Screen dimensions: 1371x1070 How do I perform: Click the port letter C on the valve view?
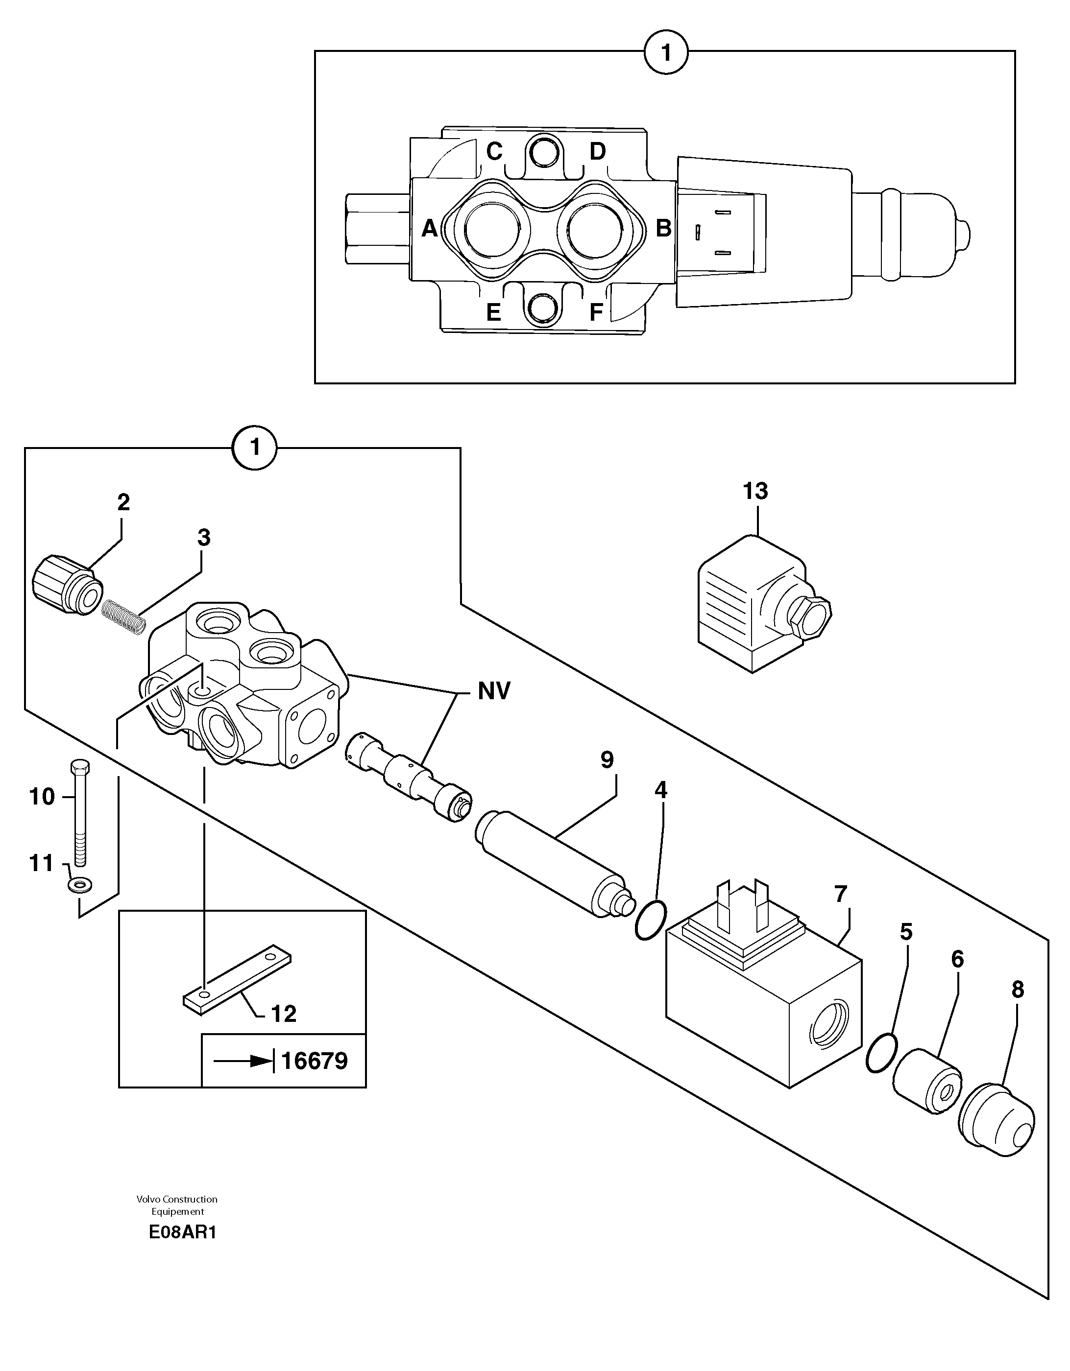pos(495,151)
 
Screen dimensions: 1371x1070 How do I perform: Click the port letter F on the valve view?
pos(596,312)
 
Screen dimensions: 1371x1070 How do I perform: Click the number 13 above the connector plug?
pos(755,491)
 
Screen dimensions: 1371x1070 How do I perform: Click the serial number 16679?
pos(314,1061)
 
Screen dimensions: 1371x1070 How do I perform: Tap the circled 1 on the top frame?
pos(666,53)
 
